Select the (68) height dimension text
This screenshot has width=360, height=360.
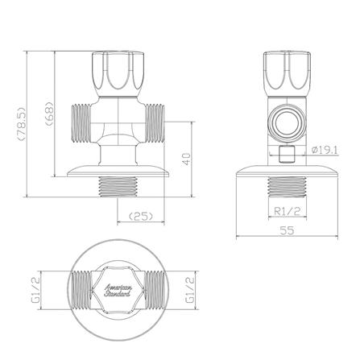coord(49,114)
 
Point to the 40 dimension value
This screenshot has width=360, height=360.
coord(186,159)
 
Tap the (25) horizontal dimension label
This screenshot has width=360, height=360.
coord(141,217)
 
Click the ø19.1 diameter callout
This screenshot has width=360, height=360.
coord(325,150)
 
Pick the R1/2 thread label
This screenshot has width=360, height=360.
coord(288,212)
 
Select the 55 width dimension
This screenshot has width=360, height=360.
coord(287,230)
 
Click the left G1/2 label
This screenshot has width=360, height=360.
coord(35,290)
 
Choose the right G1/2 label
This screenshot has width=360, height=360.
coord(189,290)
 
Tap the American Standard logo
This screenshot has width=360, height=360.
coord(118,291)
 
